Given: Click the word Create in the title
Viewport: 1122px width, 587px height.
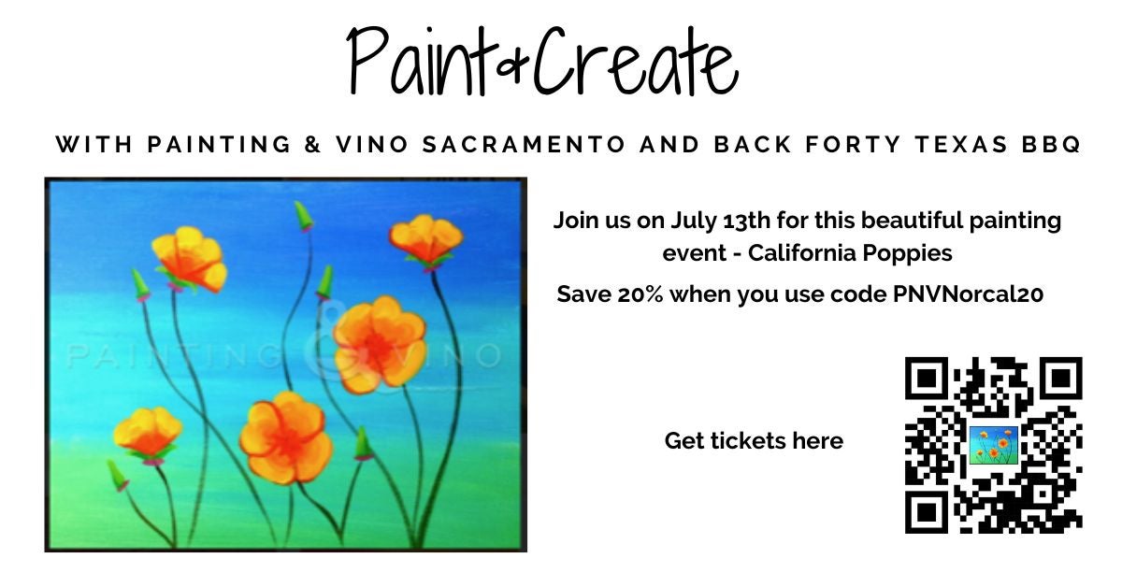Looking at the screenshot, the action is [636, 60].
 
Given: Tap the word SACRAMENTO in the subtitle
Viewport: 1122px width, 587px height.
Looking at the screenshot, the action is [525, 144].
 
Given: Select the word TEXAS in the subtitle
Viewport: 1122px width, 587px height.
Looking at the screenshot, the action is [961, 144].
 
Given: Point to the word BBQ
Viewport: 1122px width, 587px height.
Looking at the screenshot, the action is [1051, 144].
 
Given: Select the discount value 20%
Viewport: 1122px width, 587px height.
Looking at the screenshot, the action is [640, 294].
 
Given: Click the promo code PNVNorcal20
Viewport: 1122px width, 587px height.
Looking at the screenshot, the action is [969, 294].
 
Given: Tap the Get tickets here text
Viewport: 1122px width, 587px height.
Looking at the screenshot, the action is [754, 441].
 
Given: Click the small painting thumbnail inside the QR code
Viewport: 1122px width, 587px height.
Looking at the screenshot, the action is [994, 445].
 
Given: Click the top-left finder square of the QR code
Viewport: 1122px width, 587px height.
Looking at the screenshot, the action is [927, 379].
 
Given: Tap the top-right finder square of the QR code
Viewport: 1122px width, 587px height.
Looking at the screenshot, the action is [1061, 379].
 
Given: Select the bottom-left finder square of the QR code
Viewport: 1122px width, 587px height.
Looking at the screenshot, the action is [927, 512].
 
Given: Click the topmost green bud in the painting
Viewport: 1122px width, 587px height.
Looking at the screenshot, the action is [304, 216].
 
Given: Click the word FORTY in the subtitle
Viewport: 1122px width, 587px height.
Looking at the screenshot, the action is [854, 144].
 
